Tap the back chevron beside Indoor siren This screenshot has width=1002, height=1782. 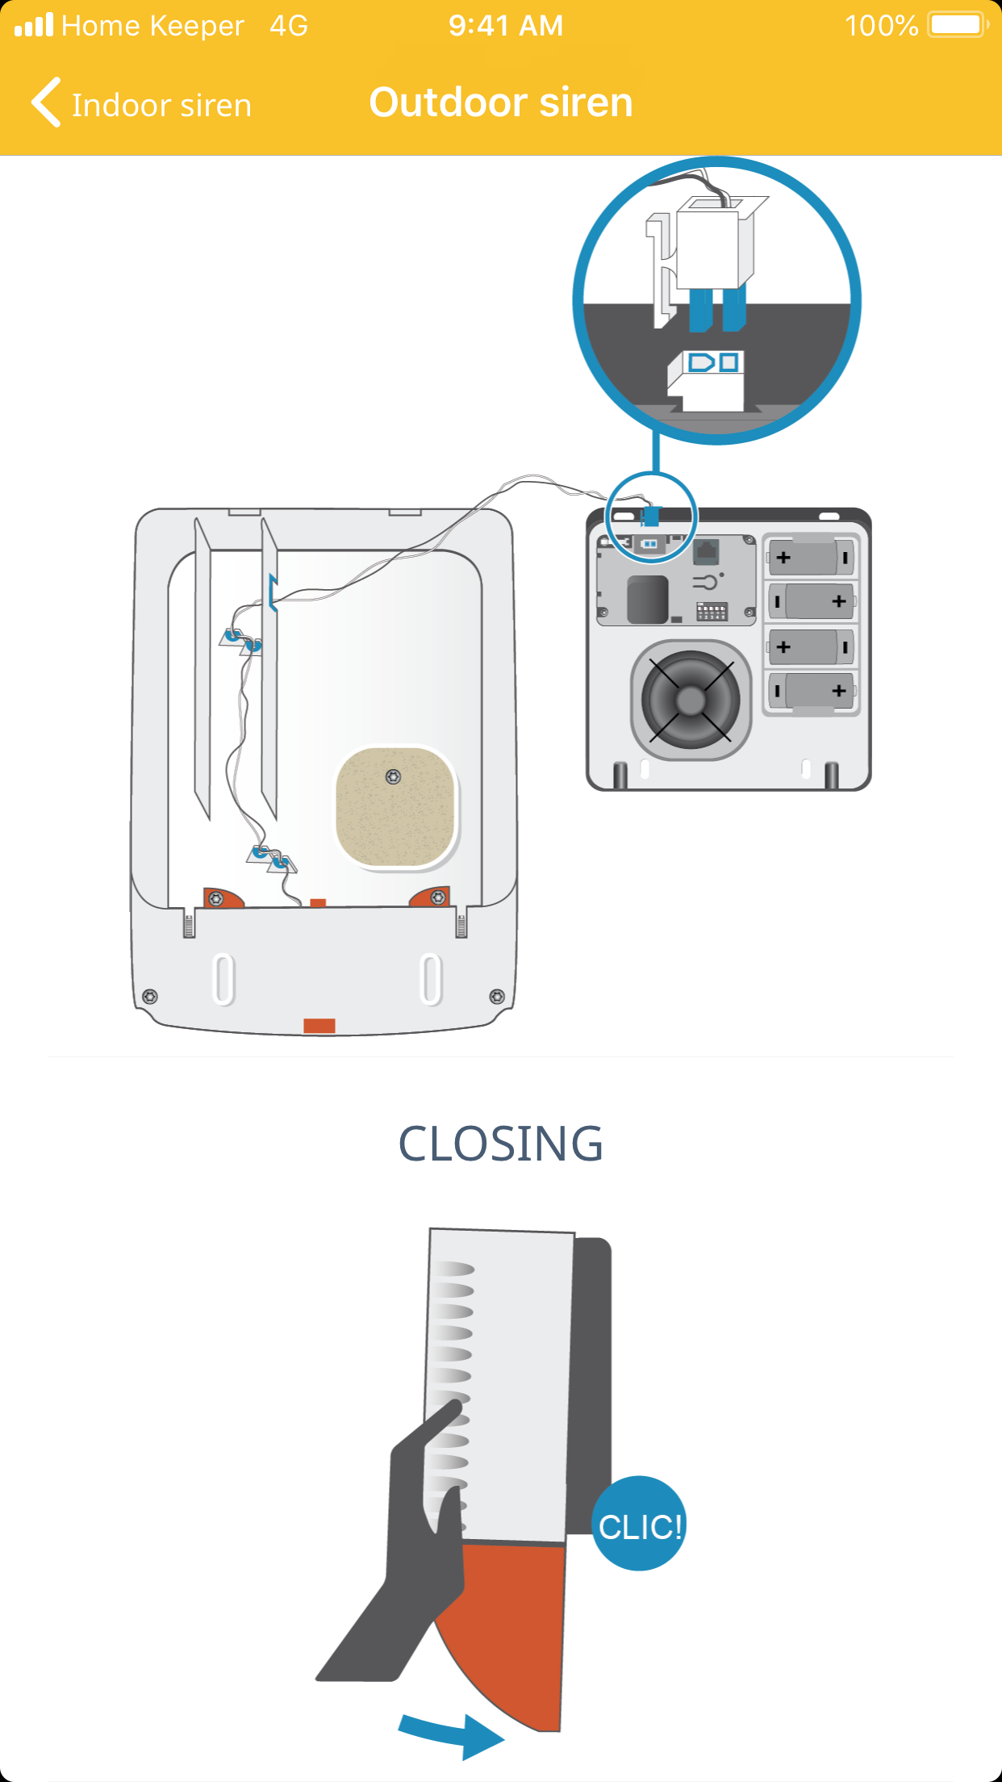[x=46, y=103]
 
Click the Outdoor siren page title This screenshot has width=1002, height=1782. [x=500, y=103]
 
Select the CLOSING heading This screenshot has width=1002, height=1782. [x=500, y=1144]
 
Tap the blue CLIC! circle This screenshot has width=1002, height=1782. [x=639, y=1525]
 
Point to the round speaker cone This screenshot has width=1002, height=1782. [x=691, y=700]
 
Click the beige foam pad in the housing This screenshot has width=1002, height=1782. [x=395, y=815]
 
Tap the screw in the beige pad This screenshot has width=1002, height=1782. [x=393, y=776]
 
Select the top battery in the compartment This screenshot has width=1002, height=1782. [x=811, y=558]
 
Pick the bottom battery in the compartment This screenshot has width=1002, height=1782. [x=811, y=691]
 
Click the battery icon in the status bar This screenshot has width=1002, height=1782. [x=958, y=25]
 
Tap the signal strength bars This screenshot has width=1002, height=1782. [x=34, y=26]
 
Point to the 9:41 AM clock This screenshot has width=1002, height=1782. [x=506, y=26]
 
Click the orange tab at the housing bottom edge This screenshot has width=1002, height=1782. [x=319, y=1025]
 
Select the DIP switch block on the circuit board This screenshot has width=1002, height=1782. [x=712, y=611]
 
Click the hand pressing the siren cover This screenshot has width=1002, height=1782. [x=403, y=1550]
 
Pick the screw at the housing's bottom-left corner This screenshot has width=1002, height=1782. [x=150, y=996]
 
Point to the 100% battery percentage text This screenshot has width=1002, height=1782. [x=881, y=26]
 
